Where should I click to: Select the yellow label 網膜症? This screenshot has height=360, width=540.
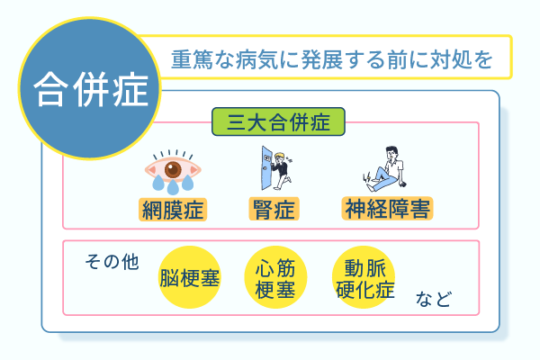point(174,211)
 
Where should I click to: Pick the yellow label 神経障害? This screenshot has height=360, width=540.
point(388,211)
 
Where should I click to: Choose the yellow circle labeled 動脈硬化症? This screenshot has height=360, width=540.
point(363,276)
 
